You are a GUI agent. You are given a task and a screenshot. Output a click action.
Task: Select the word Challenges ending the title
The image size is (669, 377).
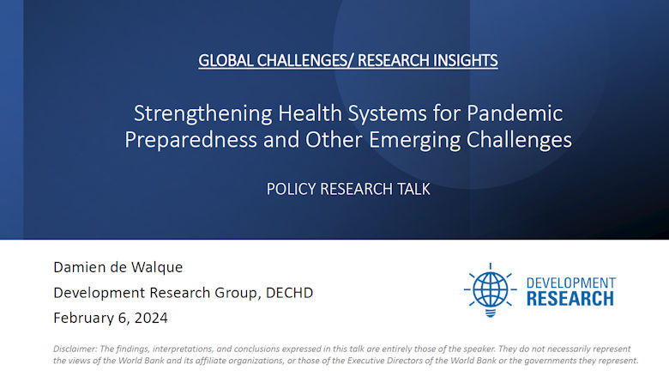pos(521,140)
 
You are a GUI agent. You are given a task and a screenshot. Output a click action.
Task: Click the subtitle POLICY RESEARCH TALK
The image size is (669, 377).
pos(347,189)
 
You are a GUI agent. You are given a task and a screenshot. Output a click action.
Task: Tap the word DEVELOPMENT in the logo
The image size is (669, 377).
pos(570,283)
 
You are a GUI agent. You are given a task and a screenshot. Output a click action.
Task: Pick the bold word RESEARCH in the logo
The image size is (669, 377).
pos(570,299)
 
